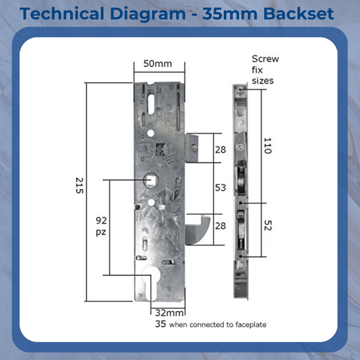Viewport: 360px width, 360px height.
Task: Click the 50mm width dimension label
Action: (x=157, y=64)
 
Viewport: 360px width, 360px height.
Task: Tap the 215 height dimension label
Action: (x=79, y=185)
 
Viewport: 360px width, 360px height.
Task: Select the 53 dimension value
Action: (x=221, y=188)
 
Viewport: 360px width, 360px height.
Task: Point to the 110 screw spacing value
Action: (x=268, y=146)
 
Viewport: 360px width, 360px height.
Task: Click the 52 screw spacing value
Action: (x=268, y=225)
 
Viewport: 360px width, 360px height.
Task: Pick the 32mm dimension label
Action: (x=169, y=313)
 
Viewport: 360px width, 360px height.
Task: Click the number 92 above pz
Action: (x=101, y=221)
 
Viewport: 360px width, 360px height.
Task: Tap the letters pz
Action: (x=101, y=232)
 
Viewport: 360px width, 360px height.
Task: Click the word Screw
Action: (x=265, y=59)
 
